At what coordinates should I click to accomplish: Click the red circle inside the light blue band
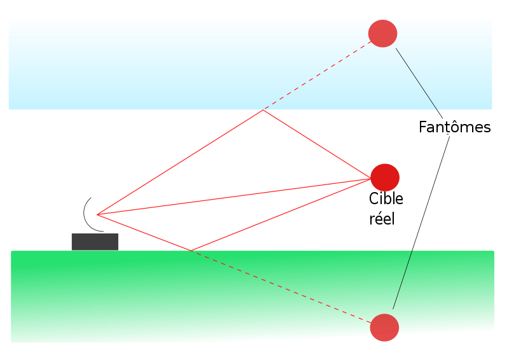click(382, 34)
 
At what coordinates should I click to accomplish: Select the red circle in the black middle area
click(385, 177)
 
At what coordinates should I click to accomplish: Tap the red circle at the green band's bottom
click(384, 328)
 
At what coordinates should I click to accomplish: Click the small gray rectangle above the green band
click(95, 242)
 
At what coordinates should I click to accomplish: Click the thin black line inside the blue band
click(417, 79)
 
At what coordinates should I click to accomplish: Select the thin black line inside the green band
click(403, 280)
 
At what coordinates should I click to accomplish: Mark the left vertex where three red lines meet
click(97, 215)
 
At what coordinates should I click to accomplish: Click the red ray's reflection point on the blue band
click(263, 110)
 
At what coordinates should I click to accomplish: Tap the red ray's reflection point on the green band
click(190, 251)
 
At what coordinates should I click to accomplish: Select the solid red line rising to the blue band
click(180, 162)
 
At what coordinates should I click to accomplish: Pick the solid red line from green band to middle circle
click(281, 215)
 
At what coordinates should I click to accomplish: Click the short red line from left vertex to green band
click(144, 233)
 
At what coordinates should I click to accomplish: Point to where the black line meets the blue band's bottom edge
click(437, 110)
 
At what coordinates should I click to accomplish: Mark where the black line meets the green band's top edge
click(412, 251)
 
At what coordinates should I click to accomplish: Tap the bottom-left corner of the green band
click(11, 342)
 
